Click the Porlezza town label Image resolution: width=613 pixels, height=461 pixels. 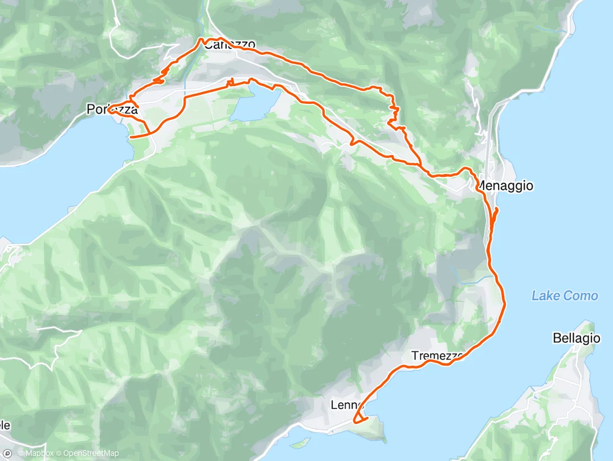click(112, 108)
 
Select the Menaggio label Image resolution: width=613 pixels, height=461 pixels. click(504, 185)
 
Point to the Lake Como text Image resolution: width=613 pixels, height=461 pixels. click(565, 296)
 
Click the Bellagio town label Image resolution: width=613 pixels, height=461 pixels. click(577, 338)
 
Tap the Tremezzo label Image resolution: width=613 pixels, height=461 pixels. click(436, 356)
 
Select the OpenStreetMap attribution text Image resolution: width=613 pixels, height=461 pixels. click(91, 454)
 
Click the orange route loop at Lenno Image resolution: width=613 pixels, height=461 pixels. click(359, 420)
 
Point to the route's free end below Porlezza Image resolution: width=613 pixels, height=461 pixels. click(131, 137)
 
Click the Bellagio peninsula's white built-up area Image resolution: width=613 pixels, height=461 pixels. click(570, 388)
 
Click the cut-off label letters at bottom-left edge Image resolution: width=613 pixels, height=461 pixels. click(5, 425)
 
